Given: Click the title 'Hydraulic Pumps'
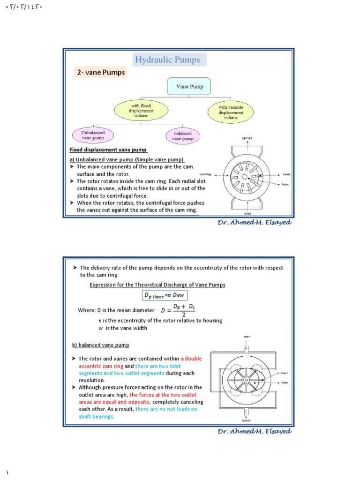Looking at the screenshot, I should (x=167, y=60).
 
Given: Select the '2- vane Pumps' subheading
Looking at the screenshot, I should (x=100, y=73).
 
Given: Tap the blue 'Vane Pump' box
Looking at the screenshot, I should (x=189, y=87).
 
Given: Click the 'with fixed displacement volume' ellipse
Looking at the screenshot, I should (x=140, y=111).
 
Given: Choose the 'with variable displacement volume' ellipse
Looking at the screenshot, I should (x=231, y=112).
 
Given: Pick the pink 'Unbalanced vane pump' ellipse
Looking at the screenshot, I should (x=93, y=135).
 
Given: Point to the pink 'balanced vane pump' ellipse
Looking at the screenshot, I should (x=182, y=136).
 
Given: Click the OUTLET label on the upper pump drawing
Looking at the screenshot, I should (x=247, y=139).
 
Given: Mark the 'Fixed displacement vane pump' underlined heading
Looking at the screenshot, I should (x=108, y=150).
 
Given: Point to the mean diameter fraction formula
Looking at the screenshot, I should (x=179, y=310).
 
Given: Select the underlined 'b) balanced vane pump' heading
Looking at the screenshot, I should (x=100, y=345).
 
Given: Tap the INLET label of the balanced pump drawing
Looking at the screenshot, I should (x=246, y=337).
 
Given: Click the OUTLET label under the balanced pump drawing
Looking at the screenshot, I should (x=246, y=420).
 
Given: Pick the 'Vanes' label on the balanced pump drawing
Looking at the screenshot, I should (x=284, y=373).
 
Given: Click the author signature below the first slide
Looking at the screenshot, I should (x=254, y=223).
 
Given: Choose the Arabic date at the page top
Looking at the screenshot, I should (x=23, y=8).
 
